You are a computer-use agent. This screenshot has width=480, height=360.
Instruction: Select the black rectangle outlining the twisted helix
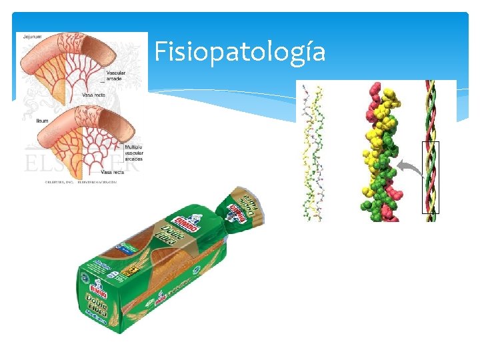click(431, 177)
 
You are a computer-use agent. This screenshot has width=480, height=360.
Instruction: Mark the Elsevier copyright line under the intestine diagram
click(80, 181)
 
